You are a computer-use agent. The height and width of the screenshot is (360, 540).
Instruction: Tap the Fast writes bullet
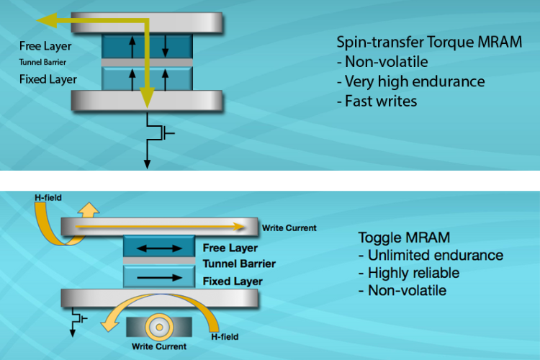click(x=377, y=102)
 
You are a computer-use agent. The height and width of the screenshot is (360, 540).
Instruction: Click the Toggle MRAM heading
click(x=395, y=237)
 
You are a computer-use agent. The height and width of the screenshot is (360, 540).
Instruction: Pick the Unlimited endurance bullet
click(x=431, y=256)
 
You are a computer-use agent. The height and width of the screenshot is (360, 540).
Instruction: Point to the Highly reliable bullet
click(x=408, y=273)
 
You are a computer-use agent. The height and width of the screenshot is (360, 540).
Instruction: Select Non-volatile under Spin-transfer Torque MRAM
click(x=383, y=62)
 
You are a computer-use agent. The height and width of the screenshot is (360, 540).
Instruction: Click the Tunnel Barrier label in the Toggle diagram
click(x=238, y=264)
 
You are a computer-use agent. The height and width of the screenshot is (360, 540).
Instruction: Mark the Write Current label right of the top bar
click(x=289, y=228)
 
